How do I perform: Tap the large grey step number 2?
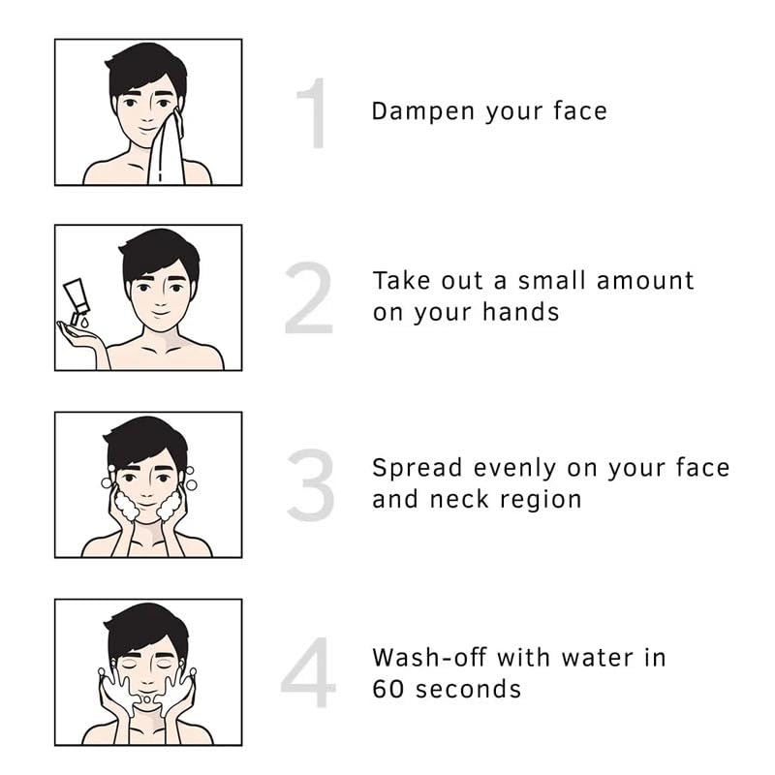tap(308, 298)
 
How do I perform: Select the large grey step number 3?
tap(311, 484)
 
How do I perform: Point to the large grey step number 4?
tap(308, 672)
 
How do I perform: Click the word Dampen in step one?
tap(423, 111)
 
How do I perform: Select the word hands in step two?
tap(520, 312)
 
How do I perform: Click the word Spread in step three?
tap(418, 469)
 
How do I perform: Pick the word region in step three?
tap(541, 500)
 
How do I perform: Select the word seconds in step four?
tap(468, 689)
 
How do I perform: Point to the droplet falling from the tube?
tap(84, 323)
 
